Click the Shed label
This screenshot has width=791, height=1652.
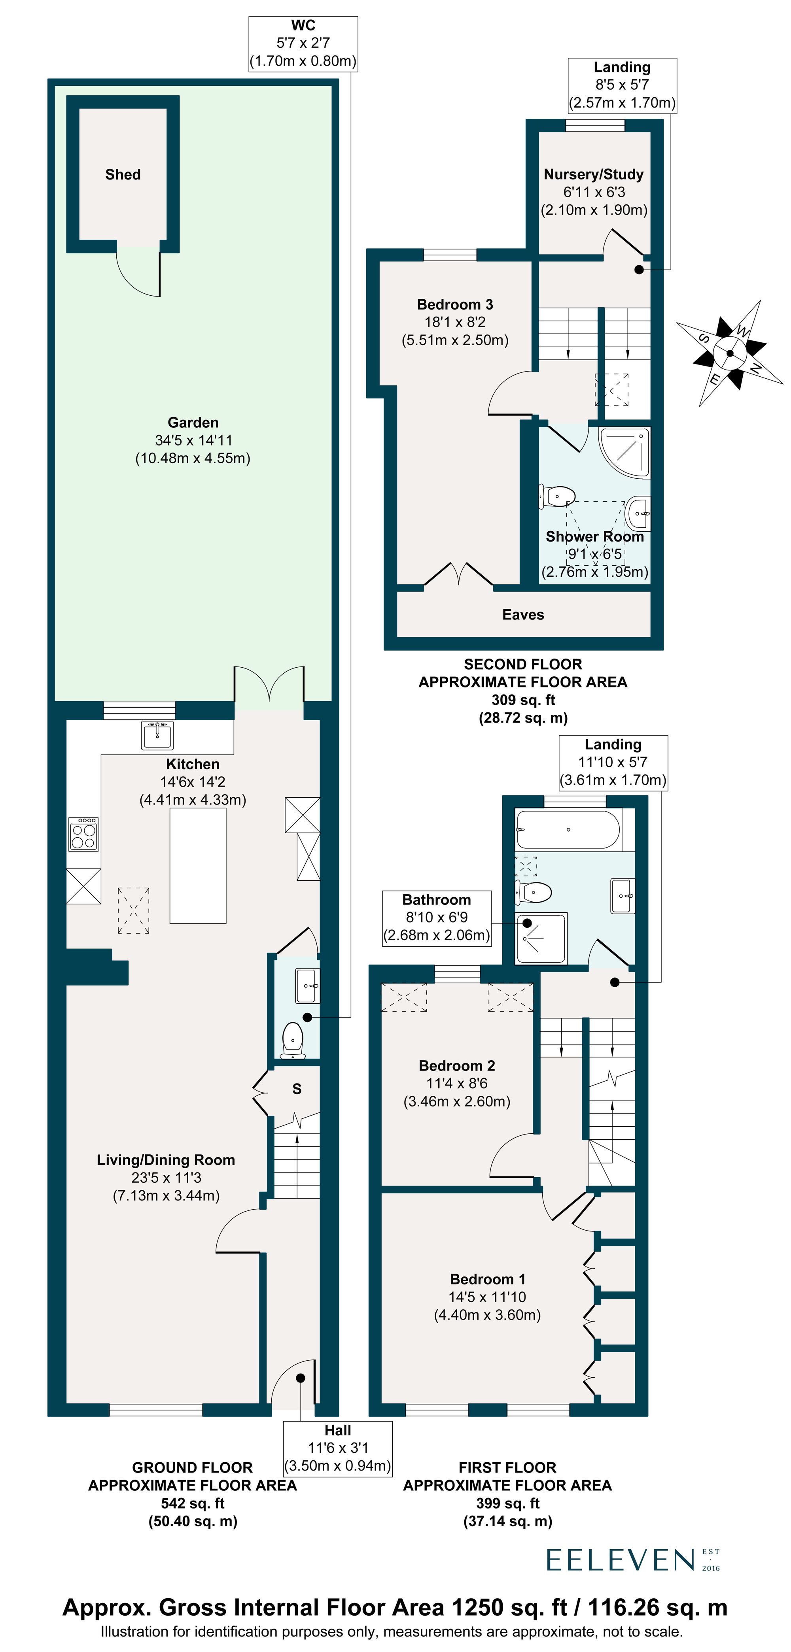point(123,174)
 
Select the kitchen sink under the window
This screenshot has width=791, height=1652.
point(157,735)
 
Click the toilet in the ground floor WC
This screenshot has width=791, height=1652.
point(293,1040)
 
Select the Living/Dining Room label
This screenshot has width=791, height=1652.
point(165,1159)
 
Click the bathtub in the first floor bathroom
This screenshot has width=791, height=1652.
point(568,830)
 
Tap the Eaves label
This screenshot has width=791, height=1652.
point(523,614)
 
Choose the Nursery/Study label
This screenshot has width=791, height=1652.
point(593,174)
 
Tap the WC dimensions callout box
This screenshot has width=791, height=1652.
point(303,43)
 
